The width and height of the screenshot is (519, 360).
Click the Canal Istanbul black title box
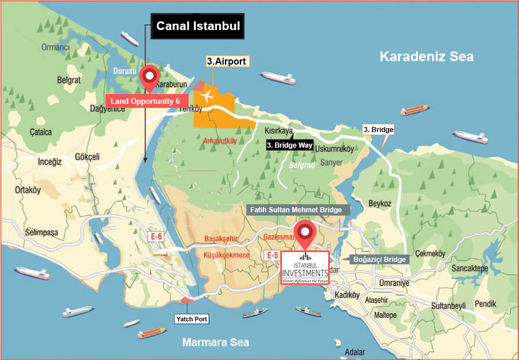point(198,27)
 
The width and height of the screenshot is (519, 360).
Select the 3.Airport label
point(227,61)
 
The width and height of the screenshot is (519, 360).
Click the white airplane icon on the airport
point(207,96)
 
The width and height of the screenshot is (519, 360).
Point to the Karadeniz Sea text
point(426,57)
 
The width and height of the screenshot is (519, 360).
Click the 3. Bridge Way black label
point(289,145)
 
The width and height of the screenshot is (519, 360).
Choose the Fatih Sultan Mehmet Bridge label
point(298,210)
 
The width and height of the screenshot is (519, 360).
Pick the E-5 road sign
point(273,254)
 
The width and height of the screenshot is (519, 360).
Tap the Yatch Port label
point(191,318)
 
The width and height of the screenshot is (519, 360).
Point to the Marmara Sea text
point(216,342)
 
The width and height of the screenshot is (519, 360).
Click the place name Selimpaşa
point(42,232)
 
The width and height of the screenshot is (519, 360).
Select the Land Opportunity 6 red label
point(146,101)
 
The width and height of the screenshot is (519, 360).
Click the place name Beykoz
point(379,204)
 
